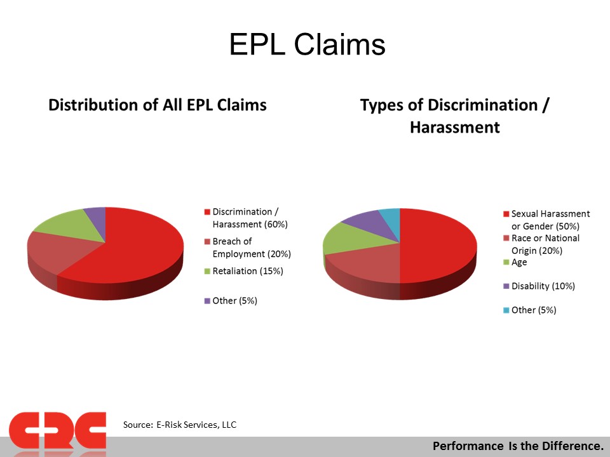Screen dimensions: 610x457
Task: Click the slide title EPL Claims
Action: [x=308, y=44]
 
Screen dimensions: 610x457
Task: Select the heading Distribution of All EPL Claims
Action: [x=158, y=105]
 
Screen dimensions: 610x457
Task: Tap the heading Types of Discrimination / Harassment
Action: [x=455, y=116]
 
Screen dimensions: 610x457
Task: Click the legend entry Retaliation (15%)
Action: [x=244, y=271]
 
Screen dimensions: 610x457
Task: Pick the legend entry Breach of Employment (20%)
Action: [x=248, y=248]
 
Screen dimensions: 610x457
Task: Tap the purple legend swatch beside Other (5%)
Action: [x=207, y=301]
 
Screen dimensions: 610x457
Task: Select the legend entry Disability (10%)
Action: [x=539, y=286]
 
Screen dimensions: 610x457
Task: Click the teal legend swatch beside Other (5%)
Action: [x=506, y=310]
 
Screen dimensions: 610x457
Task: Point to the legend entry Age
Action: [x=515, y=262]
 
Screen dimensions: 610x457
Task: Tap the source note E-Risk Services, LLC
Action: [x=196, y=425]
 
